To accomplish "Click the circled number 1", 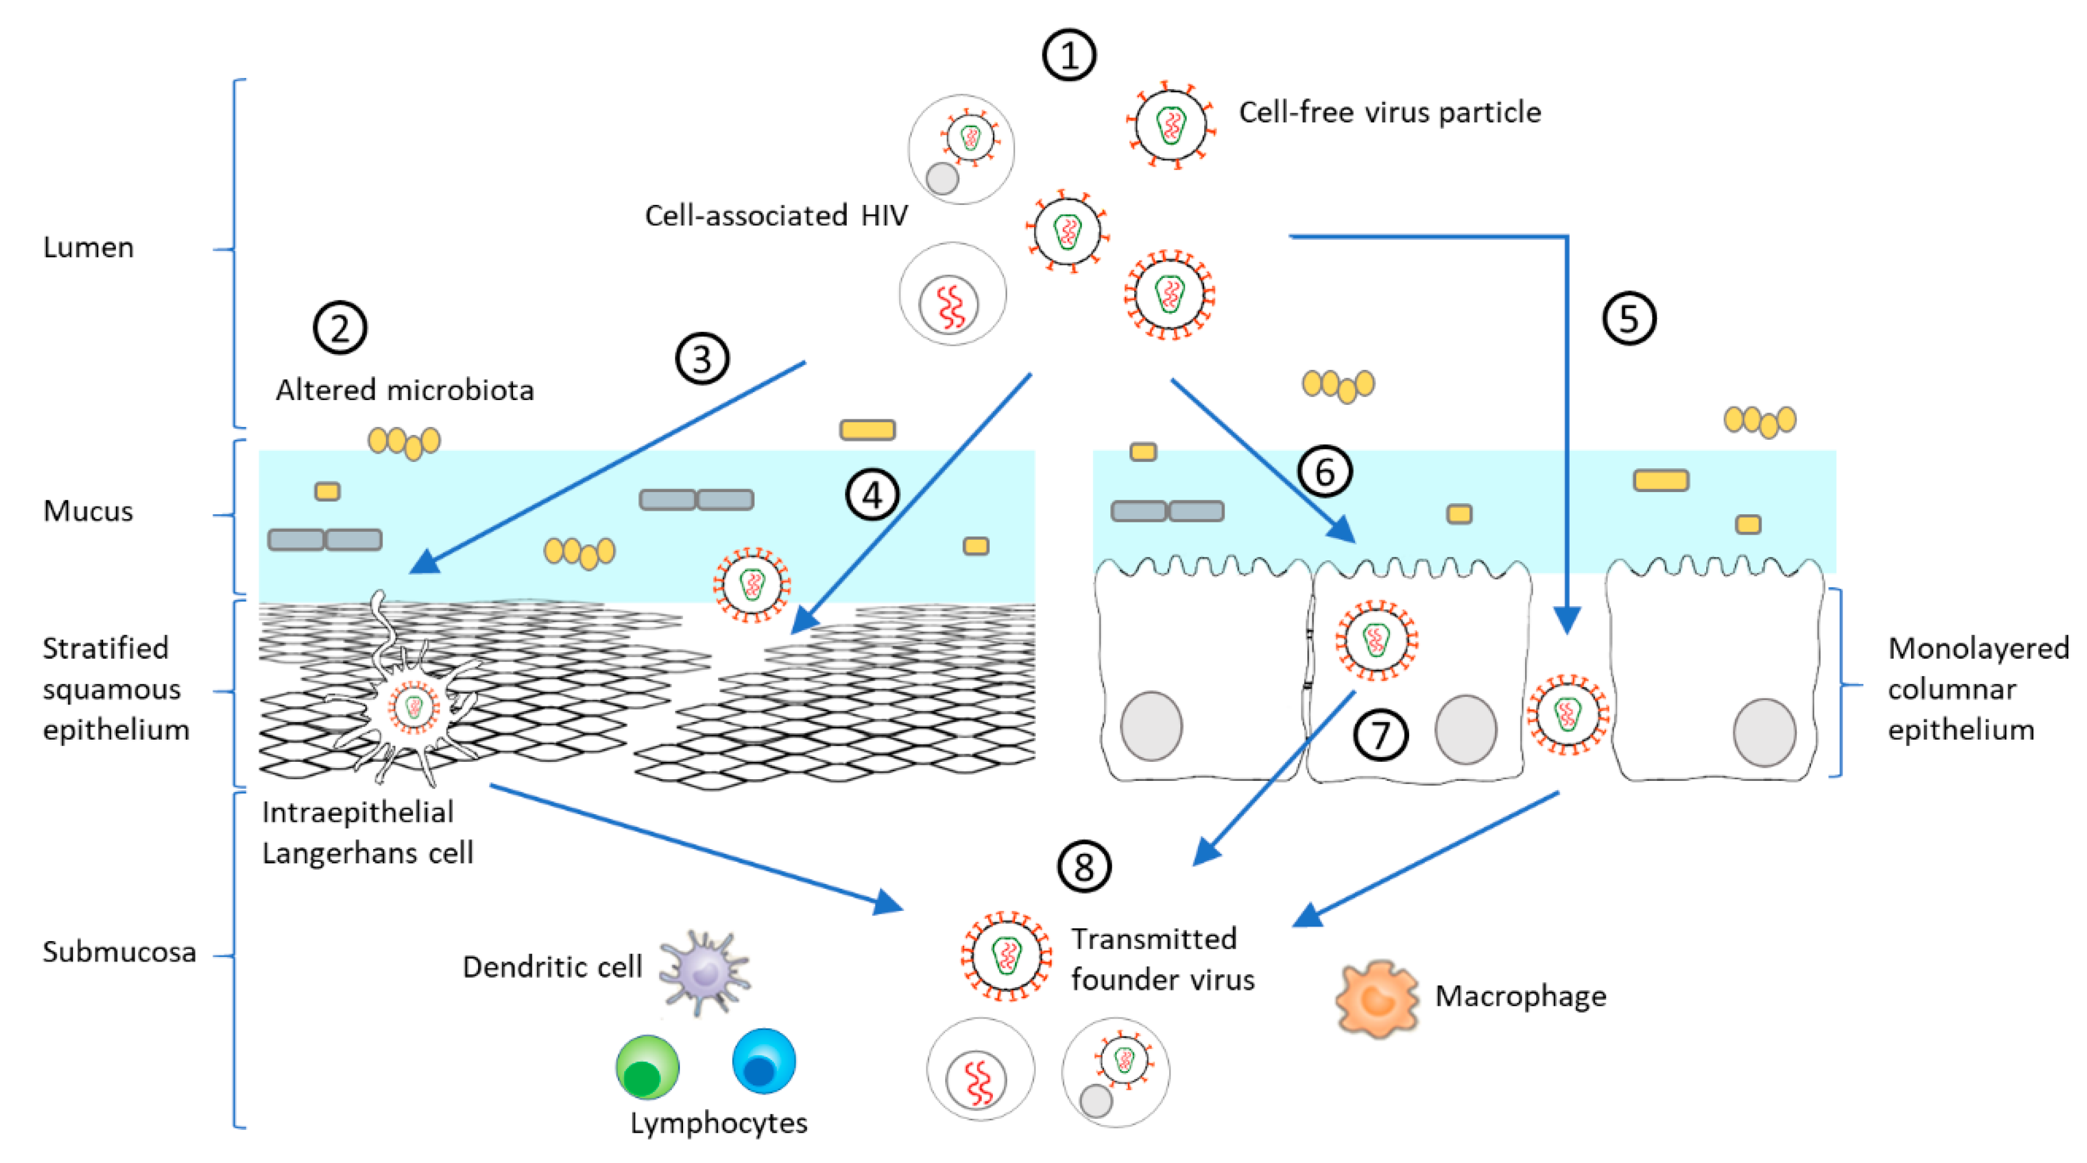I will pyautogui.click(x=1069, y=56).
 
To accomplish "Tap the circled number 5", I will pyautogui.click(x=1629, y=319).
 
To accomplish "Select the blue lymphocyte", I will pyautogui.click(x=763, y=1061).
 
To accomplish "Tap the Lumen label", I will pyautogui.click(x=89, y=247).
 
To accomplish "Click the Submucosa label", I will pyautogui.click(x=119, y=952).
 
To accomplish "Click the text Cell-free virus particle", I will pyautogui.click(x=1389, y=112).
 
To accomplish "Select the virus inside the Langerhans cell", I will pyautogui.click(x=414, y=707).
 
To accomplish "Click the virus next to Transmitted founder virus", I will pyautogui.click(x=1006, y=956).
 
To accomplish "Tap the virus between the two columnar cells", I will pyautogui.click(x=1568, y=714).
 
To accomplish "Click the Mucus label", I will pyautogui.click(x=87, y=511).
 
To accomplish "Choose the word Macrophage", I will pyautogui.click(x=1520, y=995).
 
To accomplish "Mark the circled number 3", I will pyautogui.click(x=702, y=359).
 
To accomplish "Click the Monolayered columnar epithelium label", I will pyautogui.click(x=1977, y=688).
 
